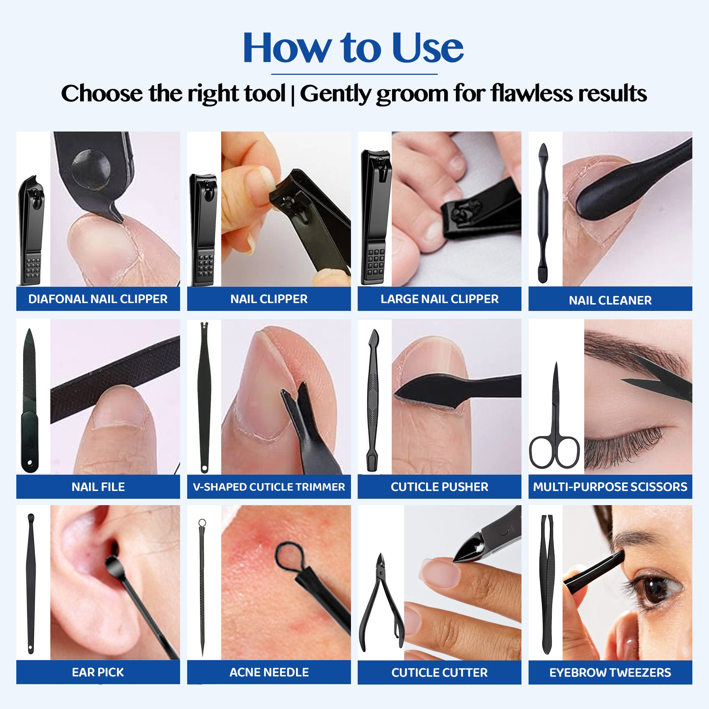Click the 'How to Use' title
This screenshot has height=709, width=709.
pyautogui.click(x=353, y=48)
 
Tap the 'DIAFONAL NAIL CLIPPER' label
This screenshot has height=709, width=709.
pyautogui.click(x=98, y=299)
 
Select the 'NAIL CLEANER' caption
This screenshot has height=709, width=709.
pyautogui.click(x=610, y=301)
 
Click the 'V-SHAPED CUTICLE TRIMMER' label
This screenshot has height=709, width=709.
pyautogui.click(x=269, y=487)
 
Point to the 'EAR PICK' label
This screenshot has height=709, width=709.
pyautogui.click(x=98, y=672)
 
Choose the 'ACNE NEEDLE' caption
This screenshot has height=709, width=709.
pyautogui.click(x=269, y=672)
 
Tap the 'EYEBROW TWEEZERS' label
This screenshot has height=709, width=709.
pyautogui.click(x=610, y=672)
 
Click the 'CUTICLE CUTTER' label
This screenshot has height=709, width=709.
pyautogui.click(x=440, y=672)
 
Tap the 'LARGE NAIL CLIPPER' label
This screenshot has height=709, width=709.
pyautogui.click(x=440, y=299)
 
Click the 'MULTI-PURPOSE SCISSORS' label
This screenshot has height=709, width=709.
pyautogui.click(x=610, y=487)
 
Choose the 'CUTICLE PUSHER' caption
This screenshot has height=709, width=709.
pyautogui.click(x=440, y=487)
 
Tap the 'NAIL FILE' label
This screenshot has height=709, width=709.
pyautogui.click(x=98, y=487)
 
